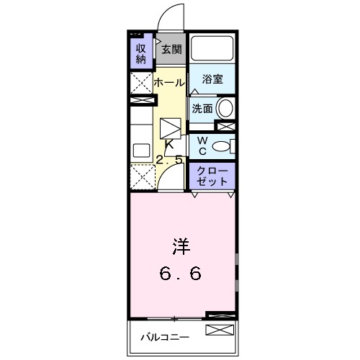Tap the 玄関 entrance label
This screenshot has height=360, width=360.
(x=171, y=50)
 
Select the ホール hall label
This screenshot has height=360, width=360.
(x=168, y=83)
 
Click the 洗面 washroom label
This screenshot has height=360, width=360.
(x=202, y=109)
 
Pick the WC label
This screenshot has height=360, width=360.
(x=202, y=145)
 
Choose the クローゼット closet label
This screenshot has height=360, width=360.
(x=212, y=175)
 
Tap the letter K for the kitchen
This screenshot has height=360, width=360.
(x=171, y=144)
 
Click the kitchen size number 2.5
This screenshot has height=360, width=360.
(x=171, y=160)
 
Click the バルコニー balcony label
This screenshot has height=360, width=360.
(x=164, y=337)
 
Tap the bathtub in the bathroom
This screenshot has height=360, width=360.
(x=212, y=49)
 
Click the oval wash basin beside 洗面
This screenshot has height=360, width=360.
(x=225, y=109)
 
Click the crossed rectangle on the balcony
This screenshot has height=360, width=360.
(x=220, y=331)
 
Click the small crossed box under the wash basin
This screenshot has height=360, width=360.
(x=225, y=127)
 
